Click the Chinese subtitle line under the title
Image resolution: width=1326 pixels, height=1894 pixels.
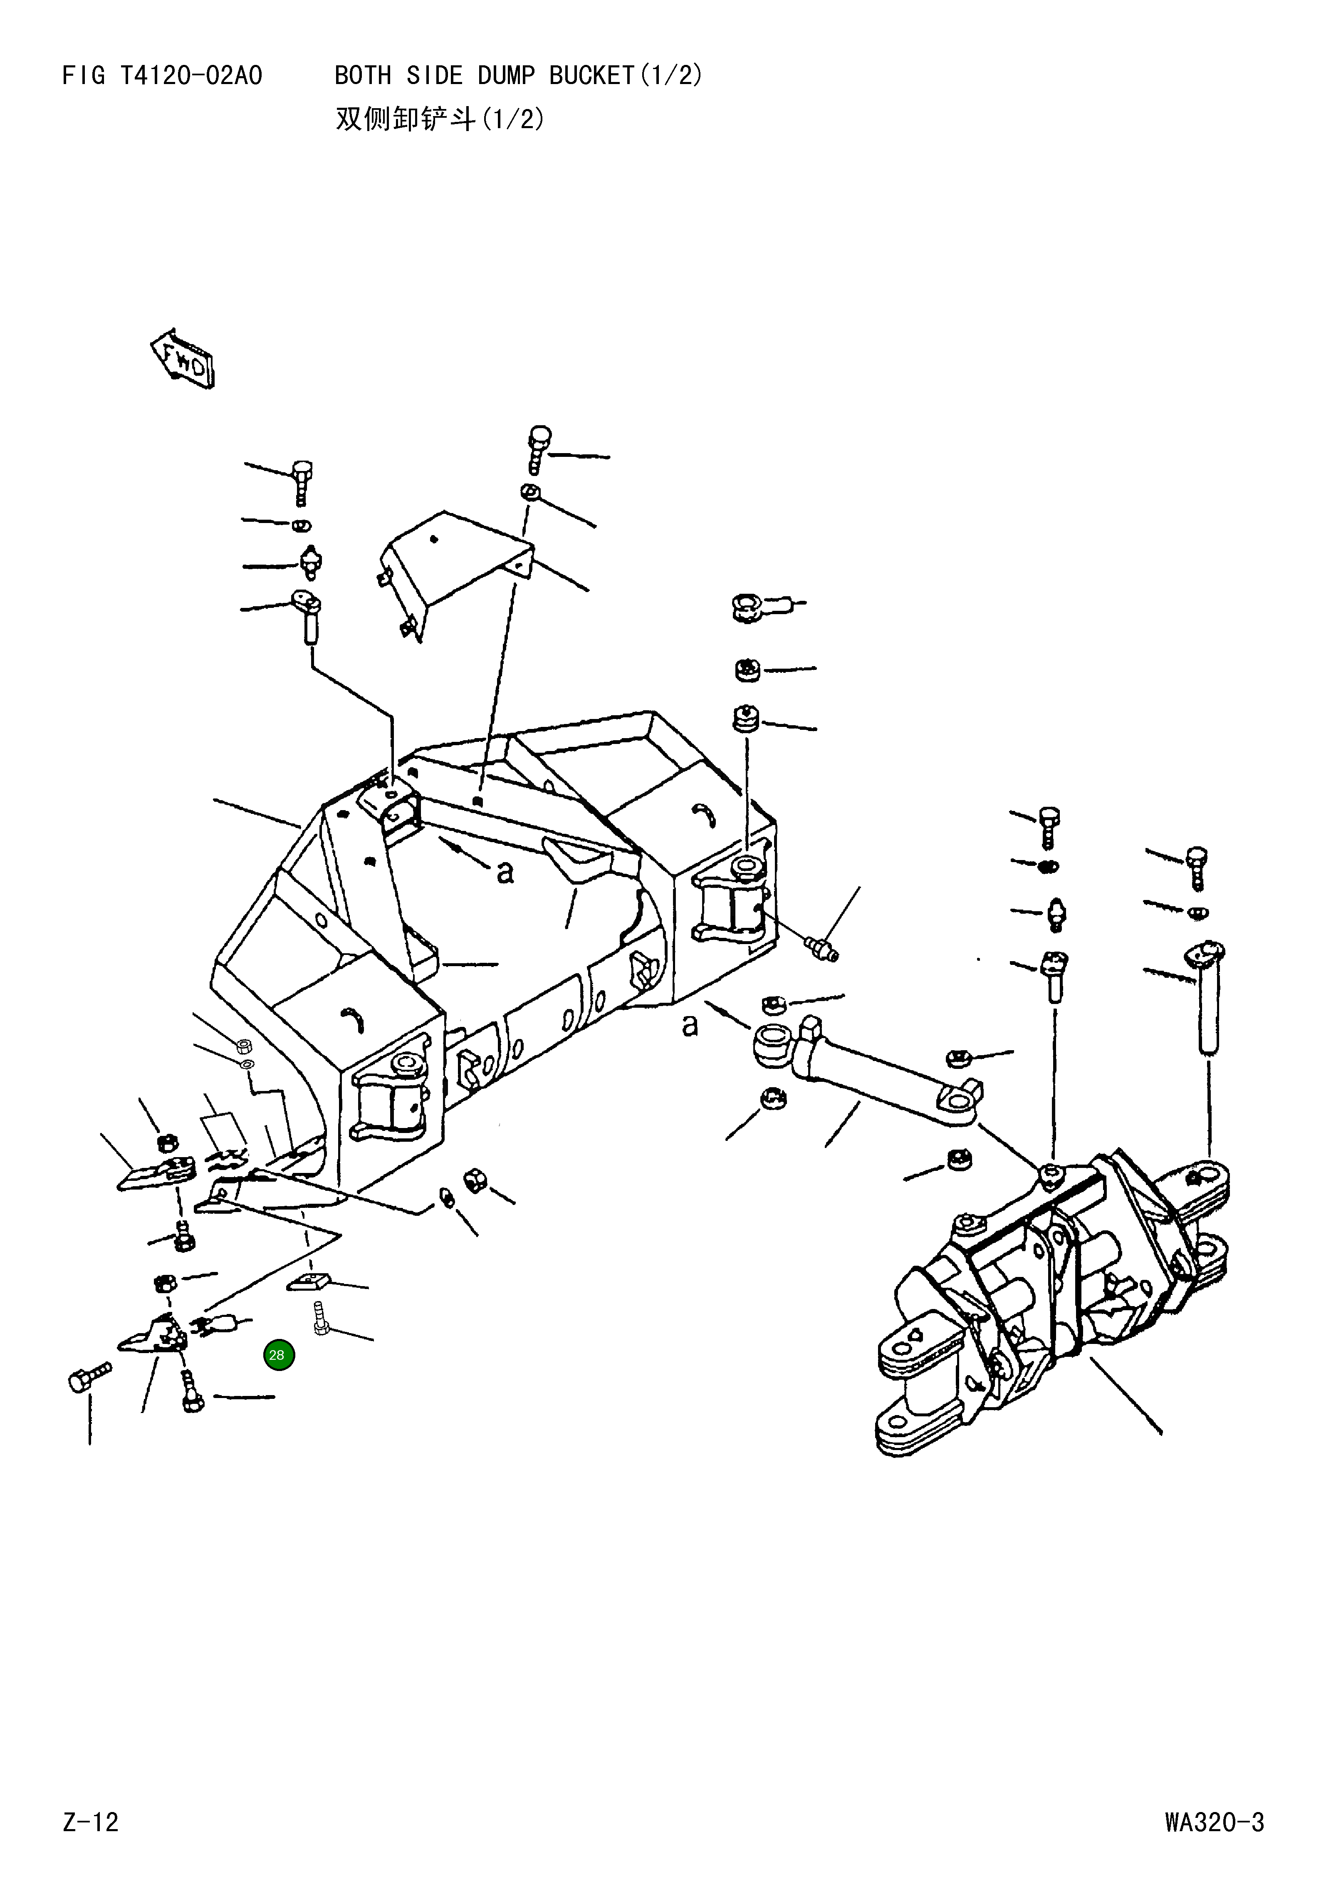pyautogui.click(x=440, y=119)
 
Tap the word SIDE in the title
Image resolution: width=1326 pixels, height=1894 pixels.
pyautogui.click(x=435, y=76)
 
